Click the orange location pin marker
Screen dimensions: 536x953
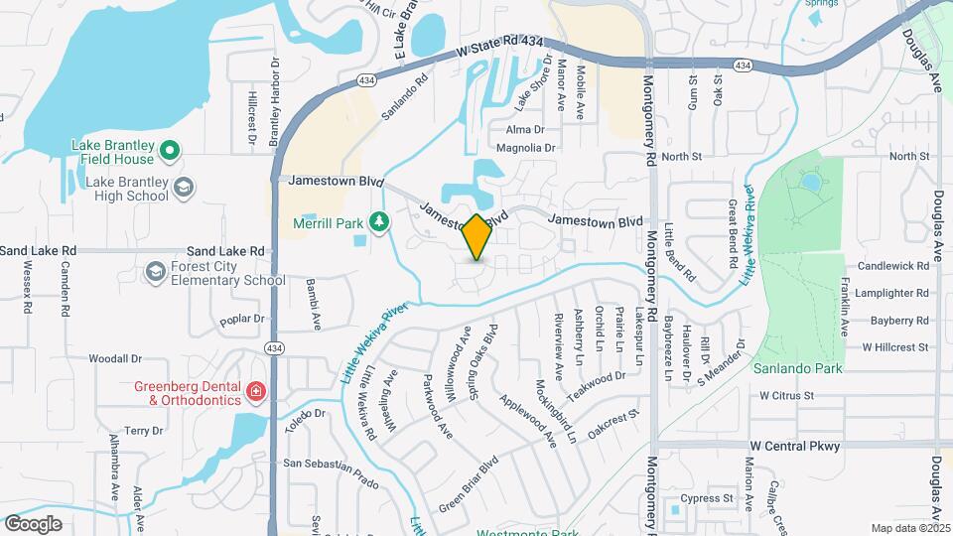476,237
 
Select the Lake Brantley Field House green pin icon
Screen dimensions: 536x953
169,152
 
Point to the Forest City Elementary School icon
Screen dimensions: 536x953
154,270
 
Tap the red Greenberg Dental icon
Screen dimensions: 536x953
256,392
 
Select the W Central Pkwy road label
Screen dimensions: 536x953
795,446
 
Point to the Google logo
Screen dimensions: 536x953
33,523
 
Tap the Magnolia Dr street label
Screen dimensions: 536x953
525,148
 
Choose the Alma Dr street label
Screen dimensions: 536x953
525,129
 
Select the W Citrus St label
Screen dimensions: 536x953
786,395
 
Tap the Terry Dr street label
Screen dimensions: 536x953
144,430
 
